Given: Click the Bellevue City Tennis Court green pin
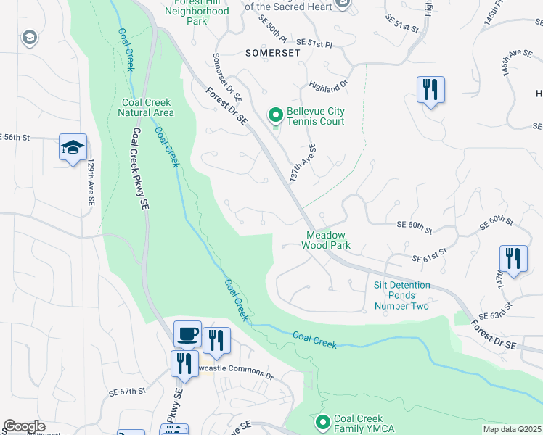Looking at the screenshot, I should (276, 115).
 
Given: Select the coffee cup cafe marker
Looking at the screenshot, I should (187, 334).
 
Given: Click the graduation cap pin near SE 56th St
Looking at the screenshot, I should (73, 148).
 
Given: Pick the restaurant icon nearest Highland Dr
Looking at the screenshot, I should (430, 91).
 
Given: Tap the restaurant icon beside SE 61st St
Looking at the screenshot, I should (513, 259).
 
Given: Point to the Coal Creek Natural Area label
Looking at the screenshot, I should (147, 107).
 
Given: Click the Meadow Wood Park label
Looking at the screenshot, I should (327, 240).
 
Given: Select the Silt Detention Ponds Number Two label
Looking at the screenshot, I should (401, 295).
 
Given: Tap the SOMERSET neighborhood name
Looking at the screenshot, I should (273, 53).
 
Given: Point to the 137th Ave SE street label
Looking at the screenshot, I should (303, 163).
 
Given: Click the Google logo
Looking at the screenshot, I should (24, 426).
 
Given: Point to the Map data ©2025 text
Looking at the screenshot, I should (511, 429).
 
